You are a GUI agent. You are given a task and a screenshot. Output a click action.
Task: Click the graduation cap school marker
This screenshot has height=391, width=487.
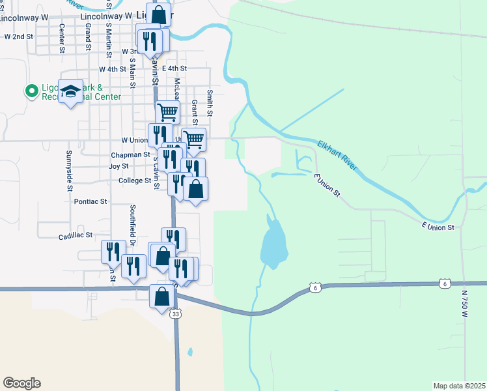pyautogui.click(x=70, y=91)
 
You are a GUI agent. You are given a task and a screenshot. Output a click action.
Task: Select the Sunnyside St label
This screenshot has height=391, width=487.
pyautogui.click(x=68, y=170)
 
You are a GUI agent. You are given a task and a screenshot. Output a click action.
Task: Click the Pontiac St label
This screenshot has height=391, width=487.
pyautogui.click(x=90, y=202)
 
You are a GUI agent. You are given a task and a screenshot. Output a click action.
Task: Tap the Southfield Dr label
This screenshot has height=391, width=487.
pyautogui.click(x=132, y=221)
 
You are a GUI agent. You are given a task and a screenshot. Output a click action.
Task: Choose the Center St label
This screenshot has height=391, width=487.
pyautogui.click(x=62, y=38)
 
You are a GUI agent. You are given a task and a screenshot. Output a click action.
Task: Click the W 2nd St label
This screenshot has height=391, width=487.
pyautogui.click(x=18, y=37)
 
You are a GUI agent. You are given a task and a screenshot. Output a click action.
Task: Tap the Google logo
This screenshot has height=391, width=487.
pyautogui.click(x=21, y=383)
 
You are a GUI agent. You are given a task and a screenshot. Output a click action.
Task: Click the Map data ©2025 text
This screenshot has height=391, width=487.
pyautogui.click(x=459, y=386)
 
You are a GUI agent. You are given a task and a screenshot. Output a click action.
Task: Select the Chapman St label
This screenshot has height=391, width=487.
pyautogui.click(x=130, y=155)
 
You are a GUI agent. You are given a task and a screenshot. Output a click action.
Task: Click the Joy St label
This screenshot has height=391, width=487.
pyautogui.click(x=118, y=167)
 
